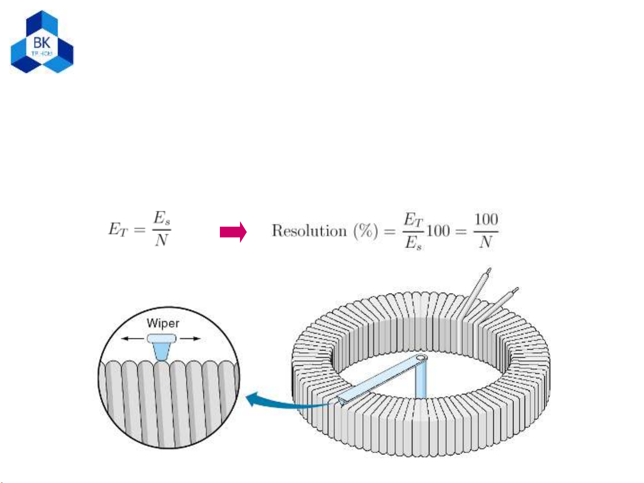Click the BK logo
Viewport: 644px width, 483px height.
coord(42,42)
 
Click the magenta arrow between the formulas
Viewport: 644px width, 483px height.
coord(233,232)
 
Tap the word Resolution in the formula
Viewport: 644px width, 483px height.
coord(309,231)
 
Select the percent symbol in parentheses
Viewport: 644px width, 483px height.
coord(366,231)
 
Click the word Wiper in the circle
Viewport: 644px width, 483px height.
coord(163,323)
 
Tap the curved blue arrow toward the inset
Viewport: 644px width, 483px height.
coord(286,402)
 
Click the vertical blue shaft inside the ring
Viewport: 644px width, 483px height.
coord(421,382)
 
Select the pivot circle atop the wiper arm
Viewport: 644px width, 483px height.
coord(422,358)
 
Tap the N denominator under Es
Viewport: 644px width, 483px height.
coord(161,241)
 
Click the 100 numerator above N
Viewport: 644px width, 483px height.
coord(486,219)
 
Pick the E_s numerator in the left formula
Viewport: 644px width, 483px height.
coord(162,218)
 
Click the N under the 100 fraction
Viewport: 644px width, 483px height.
coord(485,243)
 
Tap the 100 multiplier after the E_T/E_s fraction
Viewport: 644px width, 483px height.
coord(438,231)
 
